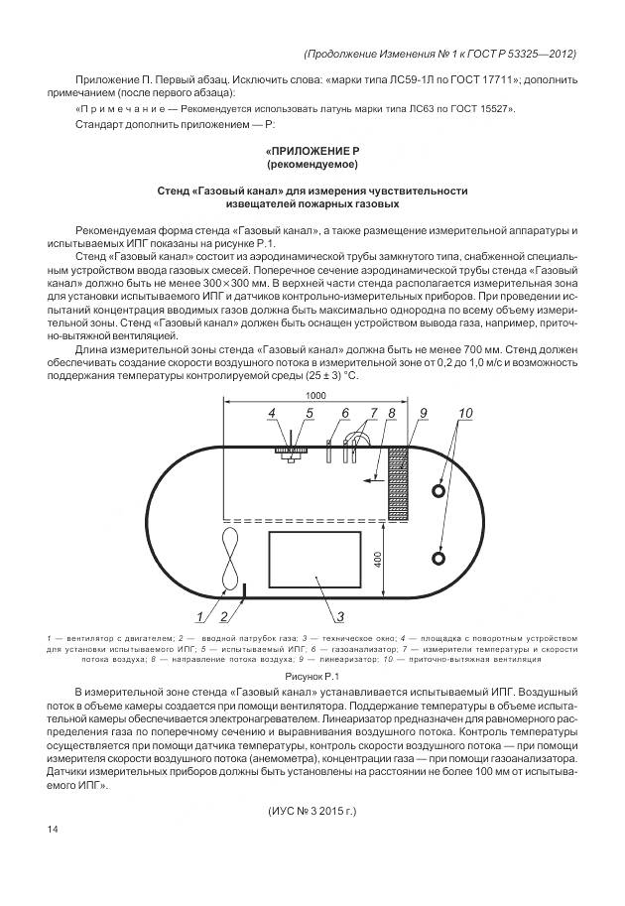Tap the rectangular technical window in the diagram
click(315, 561)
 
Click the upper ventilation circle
click(438, 490)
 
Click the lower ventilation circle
click(438, 558)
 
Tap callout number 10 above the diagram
click(437, 413)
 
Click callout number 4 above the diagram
click(270, 413)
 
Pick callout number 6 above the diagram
click(317, 413)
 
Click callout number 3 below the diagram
click(339, 616)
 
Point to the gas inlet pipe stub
click(244, 591)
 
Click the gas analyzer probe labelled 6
click(328, 450)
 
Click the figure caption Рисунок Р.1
click(312, 674)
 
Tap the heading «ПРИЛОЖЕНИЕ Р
click(312, 149)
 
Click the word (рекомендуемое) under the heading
click(312, 163)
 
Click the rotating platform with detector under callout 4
click(288, 450)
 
